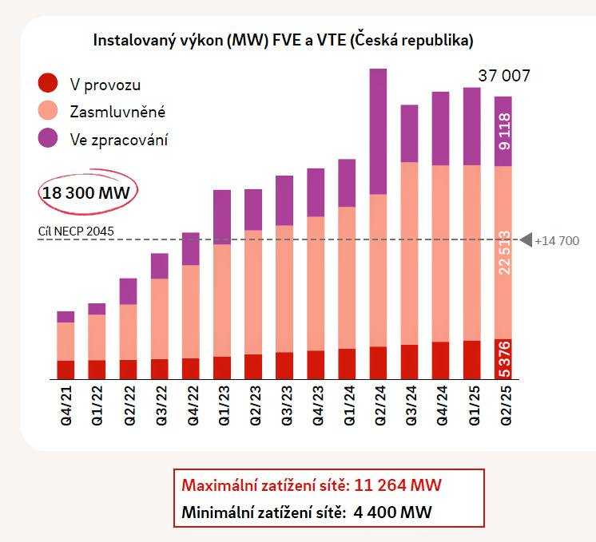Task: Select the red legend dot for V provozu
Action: pyautogui.click(x=49, y=83)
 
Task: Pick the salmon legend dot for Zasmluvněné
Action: pyautogui.click(x=49, y=110)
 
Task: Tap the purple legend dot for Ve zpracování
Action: pyautogui.click(x=49, y=137)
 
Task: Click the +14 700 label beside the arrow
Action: pyautogui.click(x=557, y=240)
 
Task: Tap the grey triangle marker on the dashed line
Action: pyautogui.click(x=526, y=239)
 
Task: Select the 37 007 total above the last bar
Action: pyautogui.click(x=504, y=77)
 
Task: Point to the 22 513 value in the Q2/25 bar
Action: pyautogui.click(x=503, y=253)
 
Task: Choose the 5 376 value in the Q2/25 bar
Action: pyautogui.click(x=503, y=360)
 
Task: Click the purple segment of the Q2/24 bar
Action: pyautogui.click(x=378, y=132)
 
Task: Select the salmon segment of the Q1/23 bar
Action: pyautogui.click(x=222, y=300)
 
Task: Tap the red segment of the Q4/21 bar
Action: pyautogui.click(x=66, y=370)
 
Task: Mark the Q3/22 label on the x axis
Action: pyautogui.click(x=160, y=406)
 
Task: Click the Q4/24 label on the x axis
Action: pyautogui.click(x=441, y=406)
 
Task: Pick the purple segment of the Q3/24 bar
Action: pyautogui.click(x=409, y=133)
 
